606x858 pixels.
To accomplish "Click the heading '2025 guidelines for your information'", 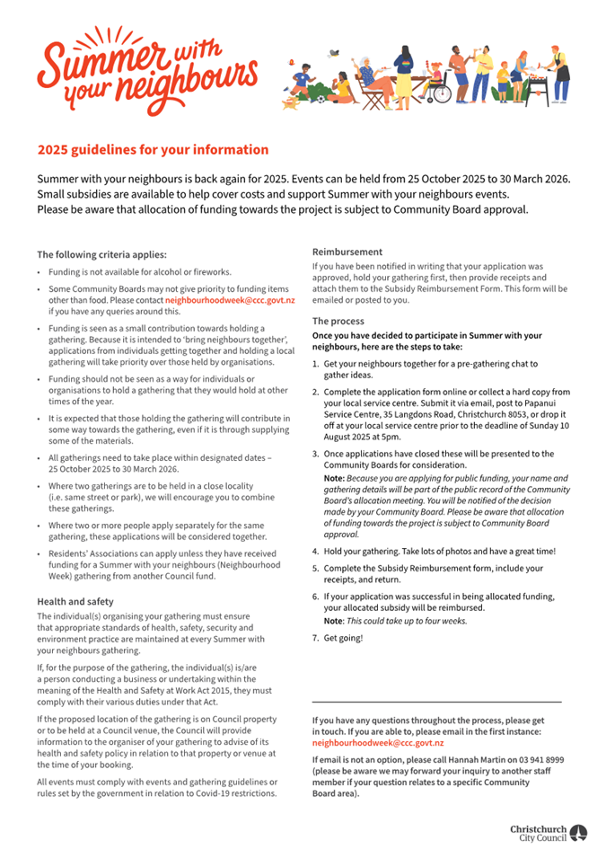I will [x=153, y=150].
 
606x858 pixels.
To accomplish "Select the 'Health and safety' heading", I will [x=75, y=601].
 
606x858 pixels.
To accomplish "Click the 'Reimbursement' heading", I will [x=347, y=252].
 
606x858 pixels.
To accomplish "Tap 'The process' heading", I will [x=338, y=321].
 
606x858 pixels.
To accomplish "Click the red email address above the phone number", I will [x=377, y=744].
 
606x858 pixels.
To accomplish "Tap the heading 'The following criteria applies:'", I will [x=101, y=254].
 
